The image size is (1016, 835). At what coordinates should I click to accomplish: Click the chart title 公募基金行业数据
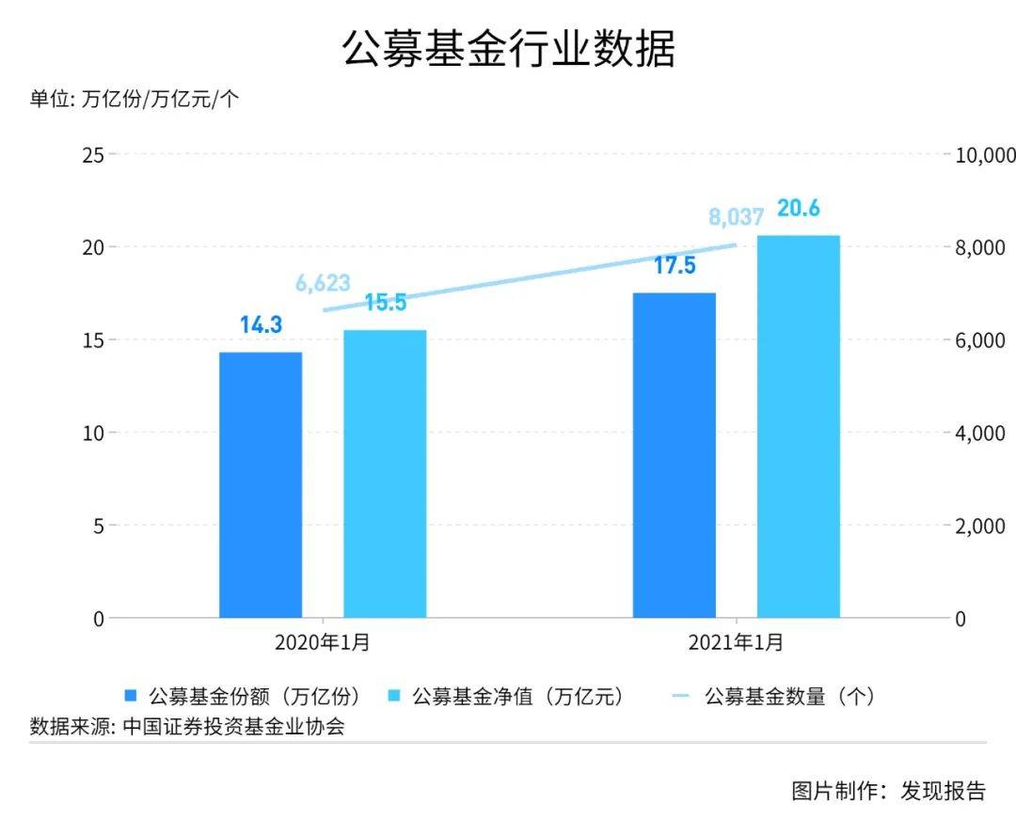508,49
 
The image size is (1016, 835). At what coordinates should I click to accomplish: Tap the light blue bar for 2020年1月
385,474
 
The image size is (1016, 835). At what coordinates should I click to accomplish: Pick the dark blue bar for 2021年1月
674,455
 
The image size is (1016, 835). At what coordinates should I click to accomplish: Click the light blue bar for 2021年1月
798,427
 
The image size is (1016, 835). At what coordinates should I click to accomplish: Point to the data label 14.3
261,326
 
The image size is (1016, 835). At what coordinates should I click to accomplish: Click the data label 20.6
798,209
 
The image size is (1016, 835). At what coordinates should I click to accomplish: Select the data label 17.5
674,266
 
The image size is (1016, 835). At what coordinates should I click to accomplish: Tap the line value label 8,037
736,218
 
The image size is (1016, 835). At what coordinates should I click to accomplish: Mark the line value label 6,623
323,283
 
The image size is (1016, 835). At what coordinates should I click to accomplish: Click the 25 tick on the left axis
92,154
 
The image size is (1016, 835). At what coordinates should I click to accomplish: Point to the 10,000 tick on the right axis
985,154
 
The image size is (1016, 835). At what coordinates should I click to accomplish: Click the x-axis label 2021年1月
736,644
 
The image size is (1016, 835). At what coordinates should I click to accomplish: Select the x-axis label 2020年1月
323,644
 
